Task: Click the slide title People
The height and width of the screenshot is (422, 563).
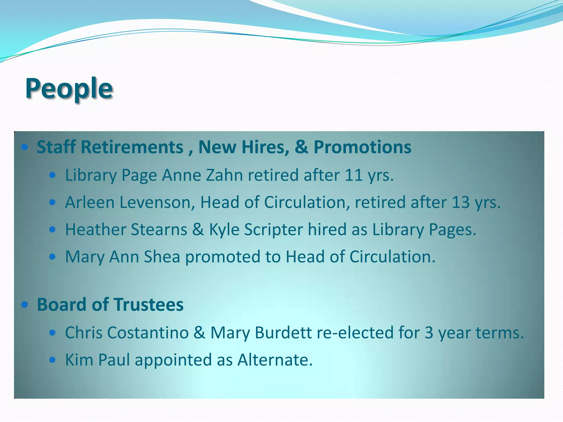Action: tap(69, 88)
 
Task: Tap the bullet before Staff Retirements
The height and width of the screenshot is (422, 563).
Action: tap(25, 147)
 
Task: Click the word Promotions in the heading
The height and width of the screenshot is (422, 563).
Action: tap(362, 147)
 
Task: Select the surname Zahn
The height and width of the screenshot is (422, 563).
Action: tap(224, 175)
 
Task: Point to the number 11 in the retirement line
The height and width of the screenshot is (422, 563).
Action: tap(354, 175)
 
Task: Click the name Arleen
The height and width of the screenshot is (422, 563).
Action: tap(90, 202)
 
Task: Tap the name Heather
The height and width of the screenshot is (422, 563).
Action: tap(95, 230)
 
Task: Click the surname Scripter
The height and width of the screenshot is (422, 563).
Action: tap(273, 230)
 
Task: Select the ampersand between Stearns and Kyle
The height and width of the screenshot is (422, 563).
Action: tap(198, 230)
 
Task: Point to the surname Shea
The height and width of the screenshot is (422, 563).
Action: tap(162, 257)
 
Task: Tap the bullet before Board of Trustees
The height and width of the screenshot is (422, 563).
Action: tap(25, 305)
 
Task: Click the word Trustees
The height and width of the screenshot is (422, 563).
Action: tap(149, 305)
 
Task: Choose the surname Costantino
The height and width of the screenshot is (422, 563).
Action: tap(148, 333)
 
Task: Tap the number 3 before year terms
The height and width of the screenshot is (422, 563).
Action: tap(429, 333)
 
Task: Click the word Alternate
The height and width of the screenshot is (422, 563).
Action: tap(275, 360)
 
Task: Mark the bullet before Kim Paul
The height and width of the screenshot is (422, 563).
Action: tap(52, 360)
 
